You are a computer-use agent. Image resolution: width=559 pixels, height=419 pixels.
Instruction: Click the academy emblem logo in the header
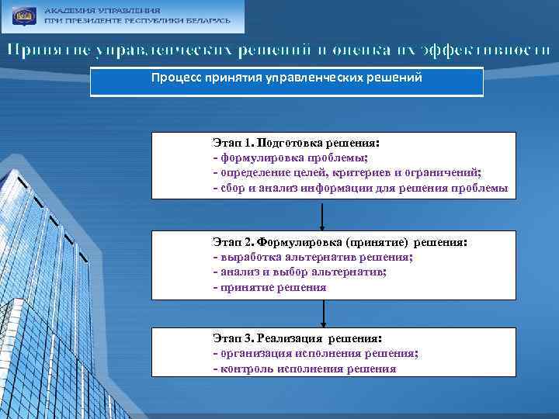23,16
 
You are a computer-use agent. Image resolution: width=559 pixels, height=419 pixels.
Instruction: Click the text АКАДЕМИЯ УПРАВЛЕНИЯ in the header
102,11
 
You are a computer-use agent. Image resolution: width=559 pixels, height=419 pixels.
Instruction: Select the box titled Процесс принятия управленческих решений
286,80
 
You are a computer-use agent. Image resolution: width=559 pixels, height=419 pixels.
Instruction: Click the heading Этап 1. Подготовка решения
297,144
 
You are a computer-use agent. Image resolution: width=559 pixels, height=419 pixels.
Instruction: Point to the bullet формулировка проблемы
276,158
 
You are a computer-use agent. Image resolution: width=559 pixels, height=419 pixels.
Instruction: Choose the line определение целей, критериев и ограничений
347,173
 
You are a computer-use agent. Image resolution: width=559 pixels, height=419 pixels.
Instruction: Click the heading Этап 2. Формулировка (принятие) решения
340,242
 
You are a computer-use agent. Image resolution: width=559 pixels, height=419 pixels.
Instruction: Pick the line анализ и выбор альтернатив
299,272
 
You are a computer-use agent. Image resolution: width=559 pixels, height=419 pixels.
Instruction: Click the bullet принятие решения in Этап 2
269,287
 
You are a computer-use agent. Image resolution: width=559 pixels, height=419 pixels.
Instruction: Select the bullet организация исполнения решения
316,354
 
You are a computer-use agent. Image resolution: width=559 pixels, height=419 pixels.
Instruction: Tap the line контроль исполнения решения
304,369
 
